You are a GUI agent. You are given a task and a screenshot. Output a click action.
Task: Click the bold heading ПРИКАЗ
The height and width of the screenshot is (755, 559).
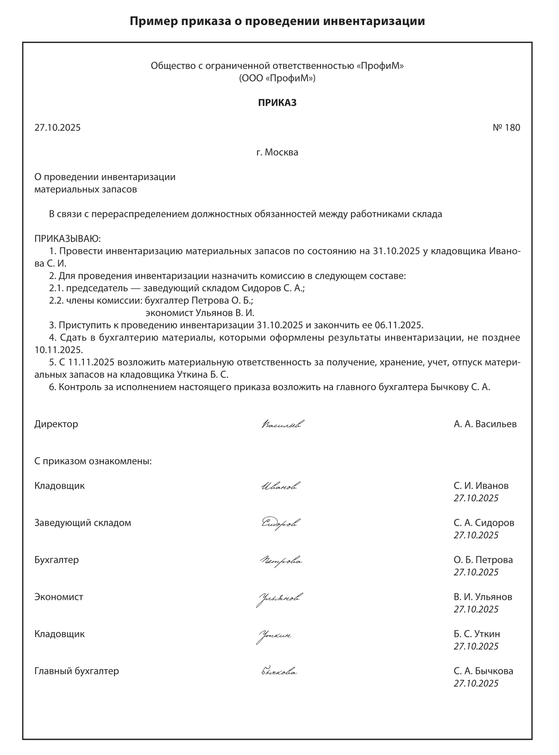(x=277, y=103)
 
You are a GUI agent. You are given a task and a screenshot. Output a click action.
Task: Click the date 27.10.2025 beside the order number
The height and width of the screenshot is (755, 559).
(x=57, y=127)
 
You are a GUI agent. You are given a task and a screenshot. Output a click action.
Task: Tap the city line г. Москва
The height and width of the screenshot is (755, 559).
(x=277, y=152)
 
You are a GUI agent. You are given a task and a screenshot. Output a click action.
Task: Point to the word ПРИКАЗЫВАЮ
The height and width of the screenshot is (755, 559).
(x=67, y=239)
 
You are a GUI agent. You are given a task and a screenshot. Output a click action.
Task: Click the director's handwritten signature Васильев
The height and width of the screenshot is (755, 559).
(x=283, y=424)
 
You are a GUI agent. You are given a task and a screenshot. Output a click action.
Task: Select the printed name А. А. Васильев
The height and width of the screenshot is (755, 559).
(x=485, y=424)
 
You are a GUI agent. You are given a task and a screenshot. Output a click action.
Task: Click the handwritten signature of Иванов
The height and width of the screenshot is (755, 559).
(x=279, y=486)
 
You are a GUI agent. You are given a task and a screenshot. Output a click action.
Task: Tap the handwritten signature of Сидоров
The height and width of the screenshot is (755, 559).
(x=281, y=523)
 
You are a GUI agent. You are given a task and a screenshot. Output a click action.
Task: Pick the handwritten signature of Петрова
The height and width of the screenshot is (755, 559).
(x=281, y=561)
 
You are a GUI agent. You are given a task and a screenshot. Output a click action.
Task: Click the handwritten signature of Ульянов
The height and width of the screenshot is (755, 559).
(x=280, y=598)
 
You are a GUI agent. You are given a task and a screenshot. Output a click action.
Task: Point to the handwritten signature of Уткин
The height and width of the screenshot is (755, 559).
(x=274, y=635)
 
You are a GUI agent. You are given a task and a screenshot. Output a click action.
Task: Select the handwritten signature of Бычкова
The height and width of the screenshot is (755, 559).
(x=279, y=671)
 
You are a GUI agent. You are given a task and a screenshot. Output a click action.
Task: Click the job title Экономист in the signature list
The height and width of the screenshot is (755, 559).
(x=59, y=597)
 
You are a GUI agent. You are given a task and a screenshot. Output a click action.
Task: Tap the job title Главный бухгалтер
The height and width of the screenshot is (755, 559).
(x=76, y=671)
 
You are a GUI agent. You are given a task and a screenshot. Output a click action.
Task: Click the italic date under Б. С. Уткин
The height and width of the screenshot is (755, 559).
(x=476, y=646)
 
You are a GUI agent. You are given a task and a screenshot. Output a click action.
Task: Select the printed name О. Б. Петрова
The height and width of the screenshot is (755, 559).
(x=483, y=560)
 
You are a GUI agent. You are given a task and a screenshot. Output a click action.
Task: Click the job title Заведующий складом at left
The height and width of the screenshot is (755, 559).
(x=82, y=523)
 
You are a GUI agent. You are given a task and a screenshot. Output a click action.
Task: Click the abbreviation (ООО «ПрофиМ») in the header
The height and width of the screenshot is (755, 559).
(x=277, y=78)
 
